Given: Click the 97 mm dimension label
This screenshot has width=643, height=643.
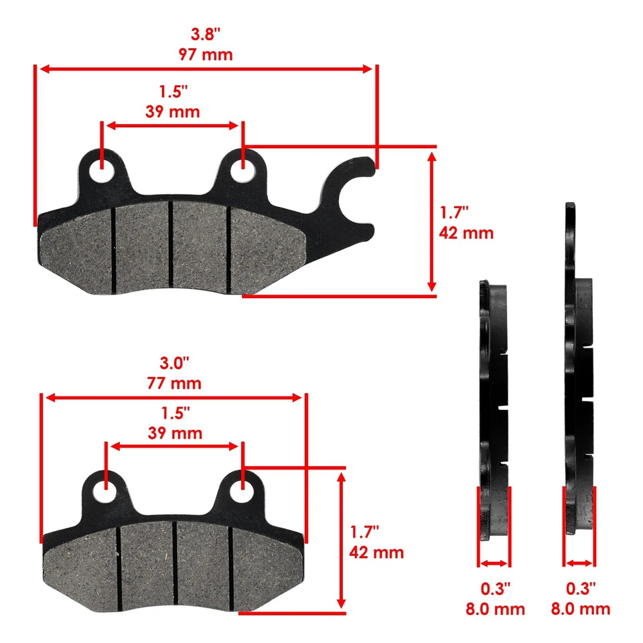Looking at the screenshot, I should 206,54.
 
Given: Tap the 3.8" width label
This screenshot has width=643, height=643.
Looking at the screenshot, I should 206,34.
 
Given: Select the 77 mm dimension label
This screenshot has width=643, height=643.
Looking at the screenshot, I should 173,384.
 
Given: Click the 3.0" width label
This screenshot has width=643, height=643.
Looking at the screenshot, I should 173,364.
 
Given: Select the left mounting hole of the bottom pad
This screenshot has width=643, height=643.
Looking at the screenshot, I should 105,491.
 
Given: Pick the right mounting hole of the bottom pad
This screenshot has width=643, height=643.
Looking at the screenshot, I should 242,491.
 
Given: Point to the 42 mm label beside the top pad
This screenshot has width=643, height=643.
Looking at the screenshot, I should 466,233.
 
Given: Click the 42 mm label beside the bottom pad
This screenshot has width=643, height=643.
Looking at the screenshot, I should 376,553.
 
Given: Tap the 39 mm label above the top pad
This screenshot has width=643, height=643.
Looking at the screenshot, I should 172,112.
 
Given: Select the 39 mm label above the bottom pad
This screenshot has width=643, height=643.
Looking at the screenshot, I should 174,433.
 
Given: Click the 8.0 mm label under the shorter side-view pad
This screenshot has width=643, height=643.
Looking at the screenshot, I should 495,609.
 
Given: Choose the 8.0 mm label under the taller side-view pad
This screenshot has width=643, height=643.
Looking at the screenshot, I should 580,609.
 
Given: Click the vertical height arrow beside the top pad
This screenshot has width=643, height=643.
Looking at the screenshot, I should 432,221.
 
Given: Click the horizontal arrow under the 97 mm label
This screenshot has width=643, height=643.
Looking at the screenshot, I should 205,69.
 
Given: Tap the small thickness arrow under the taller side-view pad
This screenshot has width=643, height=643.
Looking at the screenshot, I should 579,563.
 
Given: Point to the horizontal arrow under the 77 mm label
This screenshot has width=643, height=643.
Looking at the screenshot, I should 173,398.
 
